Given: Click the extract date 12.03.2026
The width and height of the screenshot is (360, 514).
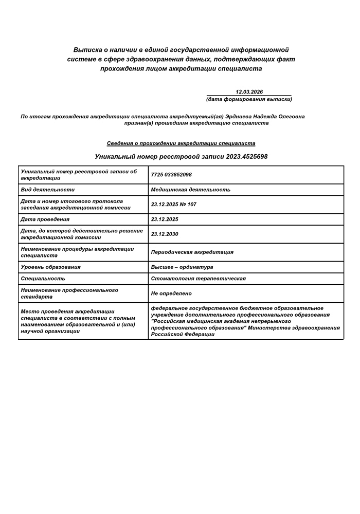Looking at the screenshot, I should [x=249, y=91].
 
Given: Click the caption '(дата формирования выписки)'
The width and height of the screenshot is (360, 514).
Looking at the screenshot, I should [x=249, y=99].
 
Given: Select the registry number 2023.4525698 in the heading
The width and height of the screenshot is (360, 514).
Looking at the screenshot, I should [x=247, y=156].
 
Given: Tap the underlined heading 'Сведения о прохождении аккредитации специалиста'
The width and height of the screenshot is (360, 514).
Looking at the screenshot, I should [x=181, y=143].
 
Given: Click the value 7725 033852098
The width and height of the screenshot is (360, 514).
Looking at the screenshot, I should [x=171, y=175].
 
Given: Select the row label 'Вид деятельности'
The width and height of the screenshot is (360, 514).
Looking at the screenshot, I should [x=48, y=190].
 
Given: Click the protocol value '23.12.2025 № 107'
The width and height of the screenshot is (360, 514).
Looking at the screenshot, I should [x=173, y=205].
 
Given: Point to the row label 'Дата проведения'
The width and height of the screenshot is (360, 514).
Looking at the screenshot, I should [x=46, y=219].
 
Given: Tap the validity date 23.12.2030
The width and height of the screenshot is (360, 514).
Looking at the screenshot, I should [x=165, y=234].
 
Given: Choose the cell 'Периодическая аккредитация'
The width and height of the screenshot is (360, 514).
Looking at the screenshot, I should [x=192, y=252].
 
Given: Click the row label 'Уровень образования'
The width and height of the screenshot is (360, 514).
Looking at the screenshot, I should [x=51, y=267].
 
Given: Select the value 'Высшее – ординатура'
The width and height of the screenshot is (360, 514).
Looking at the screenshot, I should [x=182, y=267].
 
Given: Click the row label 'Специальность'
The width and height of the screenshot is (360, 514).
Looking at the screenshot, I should [x=43, y=279].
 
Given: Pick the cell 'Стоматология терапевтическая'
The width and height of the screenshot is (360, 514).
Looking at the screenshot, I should [x=198, y=279].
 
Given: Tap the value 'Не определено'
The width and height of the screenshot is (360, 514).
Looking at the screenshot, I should [x=171, y=293].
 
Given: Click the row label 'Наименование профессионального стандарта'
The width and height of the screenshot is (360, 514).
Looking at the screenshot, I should [x=69, y=293].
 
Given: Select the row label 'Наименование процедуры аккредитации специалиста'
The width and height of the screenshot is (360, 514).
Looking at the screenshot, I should [x=77, y=252].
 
